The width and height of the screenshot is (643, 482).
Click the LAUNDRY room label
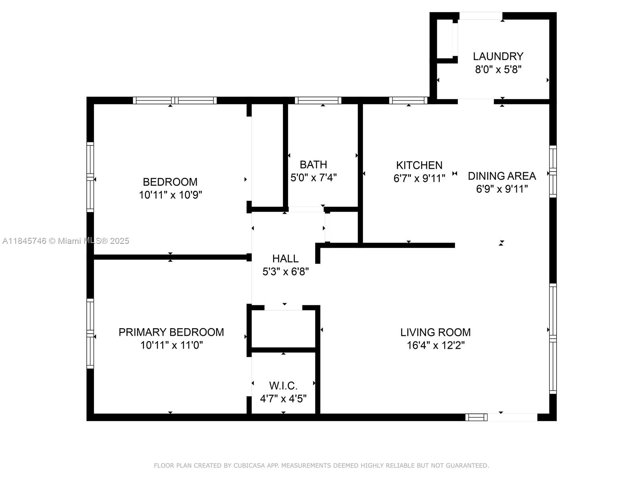(498, 56)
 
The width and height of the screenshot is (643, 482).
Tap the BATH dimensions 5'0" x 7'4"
(313, 178)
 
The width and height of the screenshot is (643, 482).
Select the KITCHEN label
(419, 165)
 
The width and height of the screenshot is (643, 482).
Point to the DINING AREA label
(502, 176)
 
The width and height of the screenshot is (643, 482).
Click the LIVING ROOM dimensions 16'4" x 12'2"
(436, 345)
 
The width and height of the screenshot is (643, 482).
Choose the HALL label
(285, 259)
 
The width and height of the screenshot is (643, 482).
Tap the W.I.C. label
(283, 386)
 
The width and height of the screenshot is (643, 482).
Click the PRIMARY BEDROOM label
(171, 332)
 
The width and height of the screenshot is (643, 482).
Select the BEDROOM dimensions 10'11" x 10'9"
(170, 195)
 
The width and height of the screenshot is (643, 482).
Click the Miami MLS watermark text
(66, 241)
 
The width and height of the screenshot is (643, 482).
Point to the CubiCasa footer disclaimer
(321, 465)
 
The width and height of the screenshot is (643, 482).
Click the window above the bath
(318, 100)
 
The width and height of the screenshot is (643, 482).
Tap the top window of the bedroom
(175, 100)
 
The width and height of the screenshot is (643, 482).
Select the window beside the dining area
(553, 172)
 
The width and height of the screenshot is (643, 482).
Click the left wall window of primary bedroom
(90, 334)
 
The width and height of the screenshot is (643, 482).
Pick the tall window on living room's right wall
(553, 339)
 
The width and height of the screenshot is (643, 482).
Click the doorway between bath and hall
(306, 209)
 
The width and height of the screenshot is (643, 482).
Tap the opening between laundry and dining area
(476, 102)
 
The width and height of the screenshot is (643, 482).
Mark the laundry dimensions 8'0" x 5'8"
(498, 69)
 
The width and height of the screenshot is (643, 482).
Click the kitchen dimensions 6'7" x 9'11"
(419, 178)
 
